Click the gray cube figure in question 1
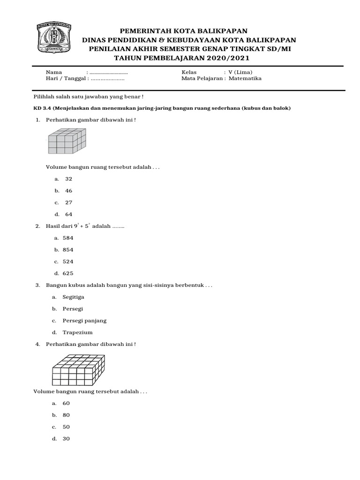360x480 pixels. point(67,142)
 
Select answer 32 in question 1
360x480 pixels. point(68,179)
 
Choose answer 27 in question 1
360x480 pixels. point(68,202)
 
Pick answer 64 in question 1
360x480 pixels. point(68,215)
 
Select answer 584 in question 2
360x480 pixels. point(68,238)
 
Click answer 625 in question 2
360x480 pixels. point(68,273)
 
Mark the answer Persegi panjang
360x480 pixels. point(84,321)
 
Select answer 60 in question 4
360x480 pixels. point(66,403)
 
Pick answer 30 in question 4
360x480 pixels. point(66,439)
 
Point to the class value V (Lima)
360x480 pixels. point(240,72)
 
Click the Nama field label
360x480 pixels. point(53,72)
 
